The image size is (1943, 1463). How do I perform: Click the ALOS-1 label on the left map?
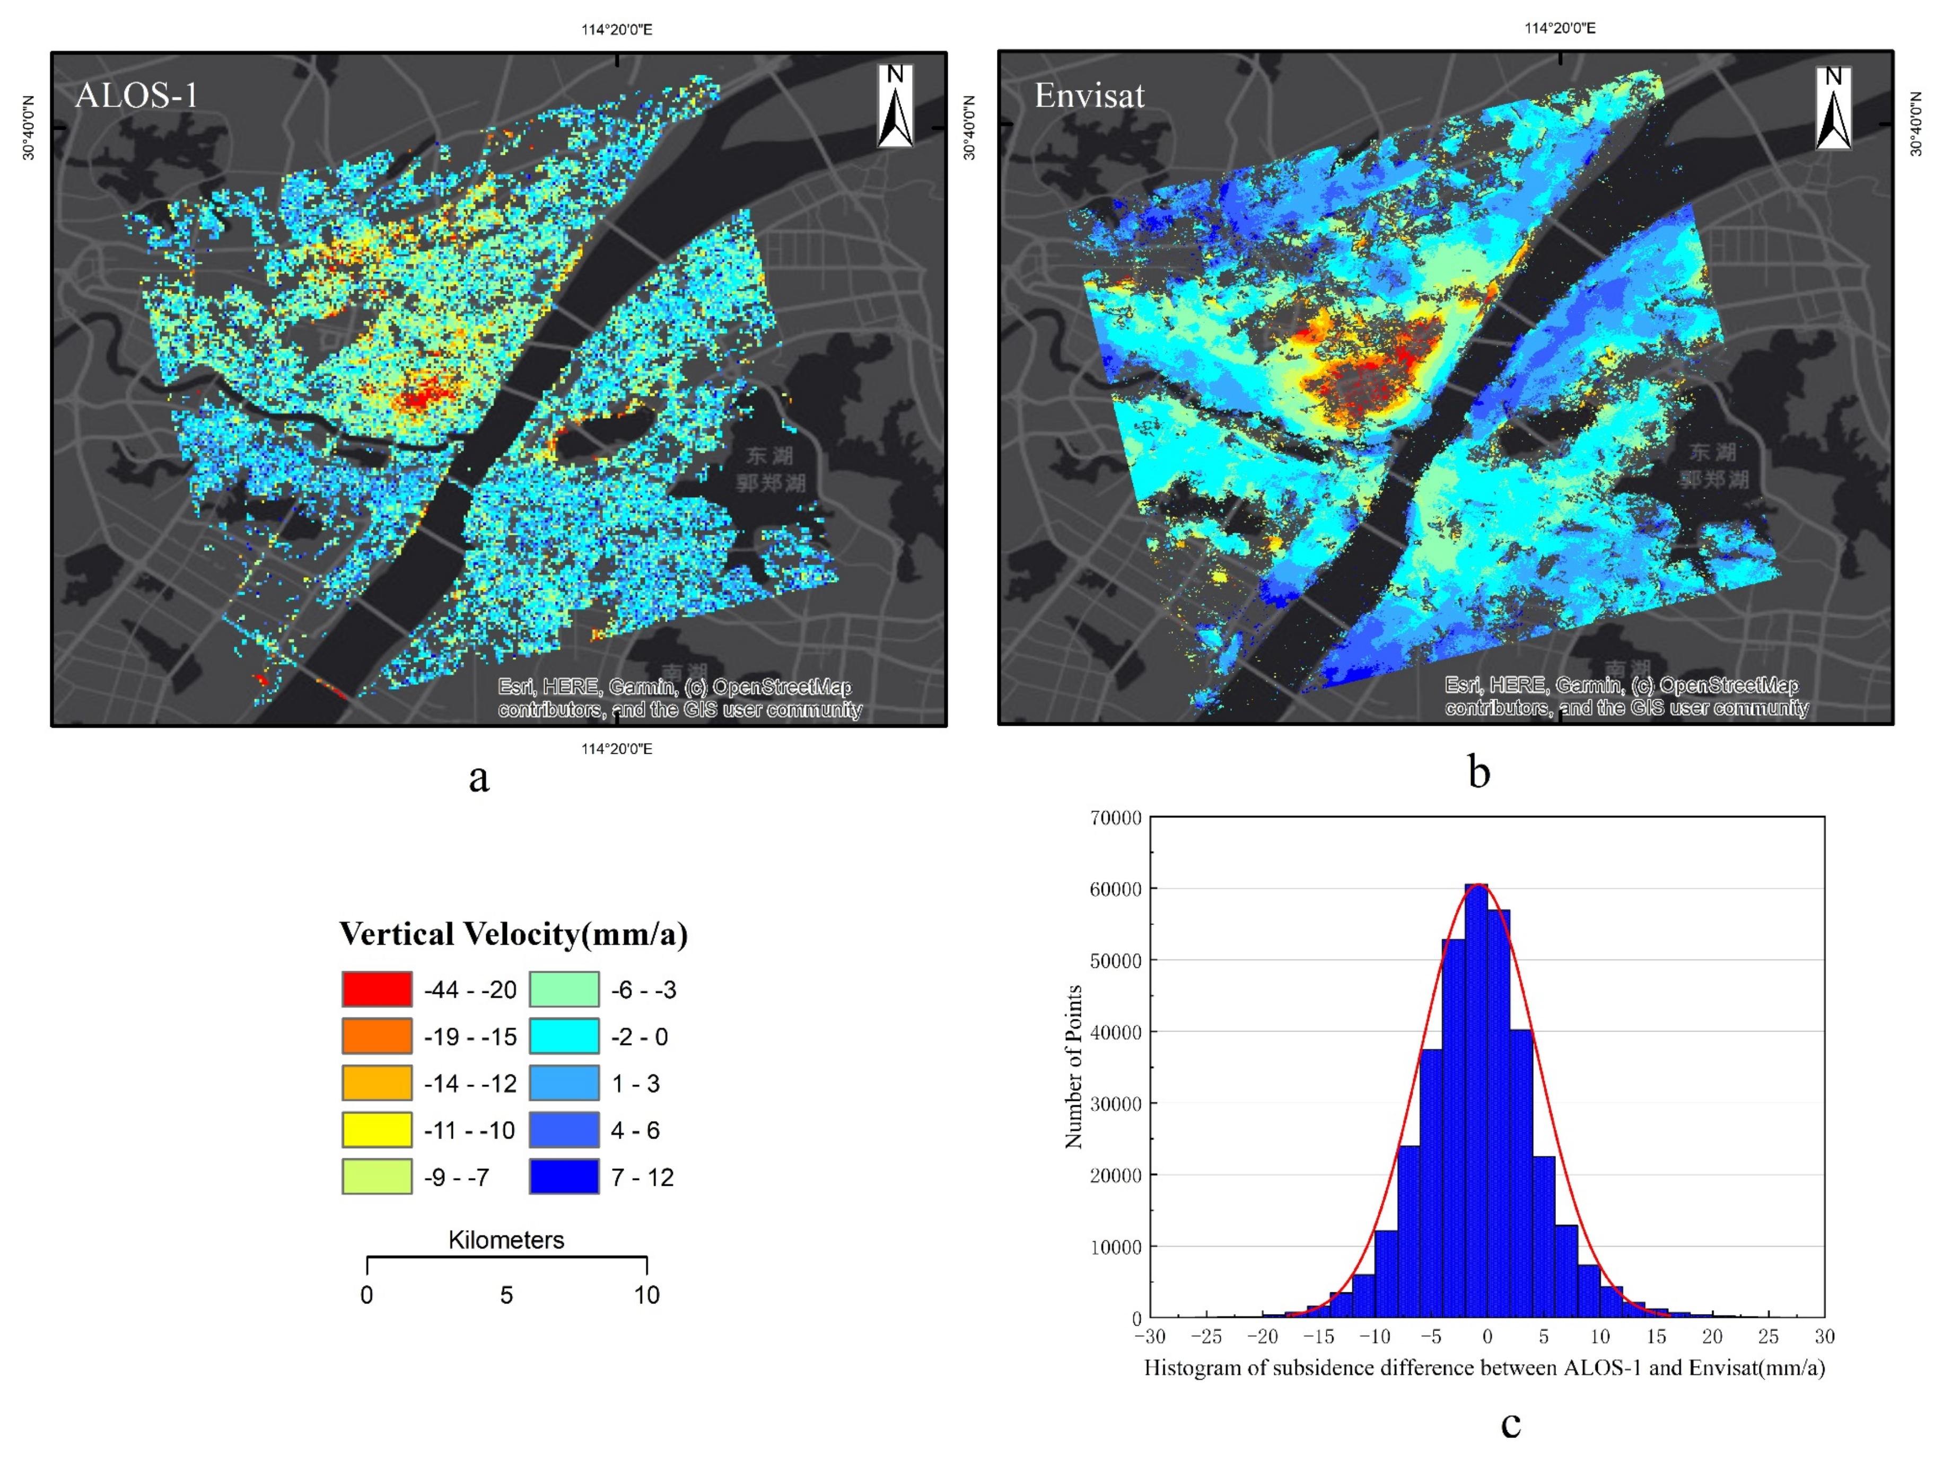136,95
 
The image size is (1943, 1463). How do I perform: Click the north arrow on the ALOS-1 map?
895,106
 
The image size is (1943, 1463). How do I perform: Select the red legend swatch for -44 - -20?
377,989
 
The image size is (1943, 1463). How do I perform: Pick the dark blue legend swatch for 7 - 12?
564,1177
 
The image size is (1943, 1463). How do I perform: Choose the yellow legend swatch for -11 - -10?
377,1129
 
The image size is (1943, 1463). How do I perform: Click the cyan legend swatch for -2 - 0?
564,1036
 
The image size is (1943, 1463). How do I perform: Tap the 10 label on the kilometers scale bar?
646,1294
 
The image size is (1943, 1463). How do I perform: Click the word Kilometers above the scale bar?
506,1240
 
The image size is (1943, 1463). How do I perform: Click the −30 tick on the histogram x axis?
1149,1336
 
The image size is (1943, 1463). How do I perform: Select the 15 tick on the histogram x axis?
1656,1336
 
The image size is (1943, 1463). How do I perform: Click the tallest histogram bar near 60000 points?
1476,1098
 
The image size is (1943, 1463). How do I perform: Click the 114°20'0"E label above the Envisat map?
1560,28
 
